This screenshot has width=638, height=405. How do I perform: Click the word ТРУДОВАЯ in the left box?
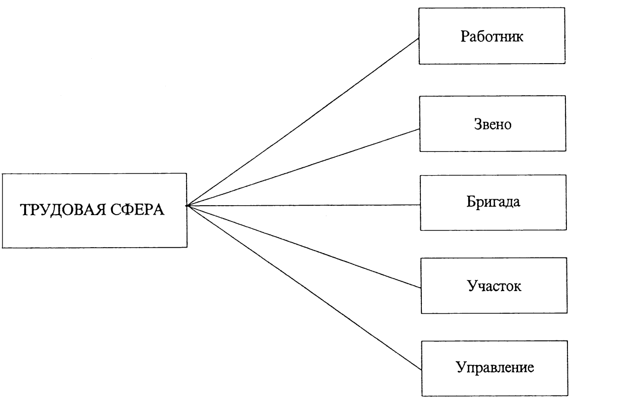coord(63,210)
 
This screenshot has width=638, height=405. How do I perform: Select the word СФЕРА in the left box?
coord(138,210)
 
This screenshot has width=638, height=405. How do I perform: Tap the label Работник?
coord(492,37)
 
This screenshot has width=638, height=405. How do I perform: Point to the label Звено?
coord(493,124)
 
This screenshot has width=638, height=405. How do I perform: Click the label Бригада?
coord(493,202)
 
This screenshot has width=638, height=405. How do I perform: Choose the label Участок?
coord(494,286)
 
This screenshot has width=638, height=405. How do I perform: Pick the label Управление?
coord(495,368)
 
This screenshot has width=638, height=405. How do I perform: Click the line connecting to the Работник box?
coord(302,122)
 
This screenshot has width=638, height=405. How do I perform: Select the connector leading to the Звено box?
coord(303,167)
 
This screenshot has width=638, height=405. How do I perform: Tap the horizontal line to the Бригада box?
coord(303,205)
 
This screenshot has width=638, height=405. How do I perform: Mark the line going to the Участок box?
coord(303,247)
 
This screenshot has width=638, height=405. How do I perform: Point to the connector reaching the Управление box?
coord(304,288)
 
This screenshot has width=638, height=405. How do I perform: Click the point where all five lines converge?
coord(187,206)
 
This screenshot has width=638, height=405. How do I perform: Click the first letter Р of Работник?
coord(465,37)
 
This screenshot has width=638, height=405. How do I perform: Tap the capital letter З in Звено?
coord(478,124)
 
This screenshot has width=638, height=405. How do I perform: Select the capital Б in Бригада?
coord(471,201)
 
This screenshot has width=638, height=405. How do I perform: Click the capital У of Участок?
coord(472,286)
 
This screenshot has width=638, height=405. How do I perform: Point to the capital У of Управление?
coord(461,367)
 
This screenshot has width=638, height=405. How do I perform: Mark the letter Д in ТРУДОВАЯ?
coord(56,211)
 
